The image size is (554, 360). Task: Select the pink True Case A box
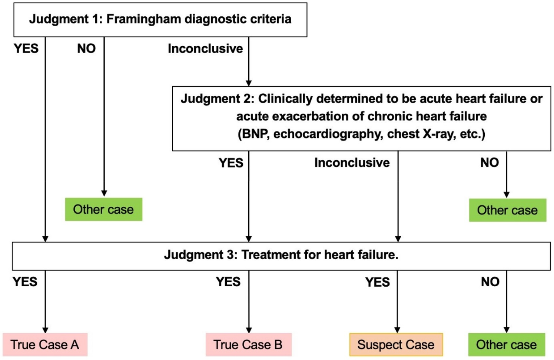click(x=45, y=344)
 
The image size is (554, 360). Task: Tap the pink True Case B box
click(x=248, y=344)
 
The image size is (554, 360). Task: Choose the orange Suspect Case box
click(x=396, y=344)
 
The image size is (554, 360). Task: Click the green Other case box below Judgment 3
click(x=506, y=344)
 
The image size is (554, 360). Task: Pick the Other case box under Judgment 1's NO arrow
click(x=103, y=209)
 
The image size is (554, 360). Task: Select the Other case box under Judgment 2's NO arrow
click(x=507, y=210)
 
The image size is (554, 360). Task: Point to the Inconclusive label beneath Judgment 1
click(x=205, y=49)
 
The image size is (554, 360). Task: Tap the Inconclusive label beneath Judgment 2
click(x=352, y=163)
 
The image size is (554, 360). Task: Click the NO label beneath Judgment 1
click(x=86, y=49)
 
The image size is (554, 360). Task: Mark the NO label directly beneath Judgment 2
click(x=490, y=163)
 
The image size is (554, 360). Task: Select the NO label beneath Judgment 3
click(x=490, y=282)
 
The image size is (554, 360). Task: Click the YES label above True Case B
click(x=228, y=282)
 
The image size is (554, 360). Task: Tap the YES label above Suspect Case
click(x=377, y=282)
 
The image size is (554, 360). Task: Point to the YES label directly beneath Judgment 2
click(x=231, y=163)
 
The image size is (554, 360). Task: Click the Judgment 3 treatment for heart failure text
click(x=281, y=255)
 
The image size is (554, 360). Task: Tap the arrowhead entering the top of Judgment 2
click(x=249, y=83)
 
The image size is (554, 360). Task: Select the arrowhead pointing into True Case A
click(x=45, y=330)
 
